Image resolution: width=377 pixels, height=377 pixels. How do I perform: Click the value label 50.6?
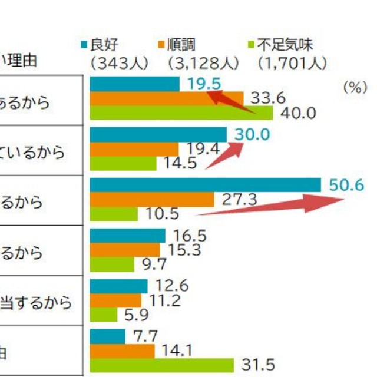(x=346, y=186)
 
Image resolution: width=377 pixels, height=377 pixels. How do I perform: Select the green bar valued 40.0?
(x=181, y=113)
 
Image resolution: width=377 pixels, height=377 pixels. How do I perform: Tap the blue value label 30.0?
(x=252, y=135)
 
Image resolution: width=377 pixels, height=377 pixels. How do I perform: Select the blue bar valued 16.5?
(x=127, y=236)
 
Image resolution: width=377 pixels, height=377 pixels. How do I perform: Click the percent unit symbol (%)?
(x=355, y=87)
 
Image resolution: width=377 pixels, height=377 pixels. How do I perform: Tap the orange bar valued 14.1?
(x=122, y=351)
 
